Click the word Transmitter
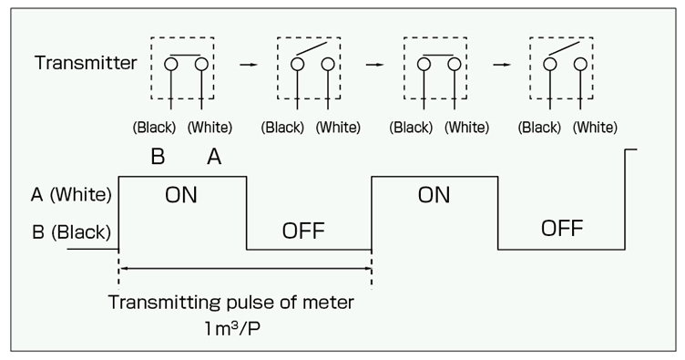(x=86, y=64)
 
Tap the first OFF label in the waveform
(x=303, y=229)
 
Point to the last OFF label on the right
(x=562, y=228)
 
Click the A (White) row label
(x=70, y=194)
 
